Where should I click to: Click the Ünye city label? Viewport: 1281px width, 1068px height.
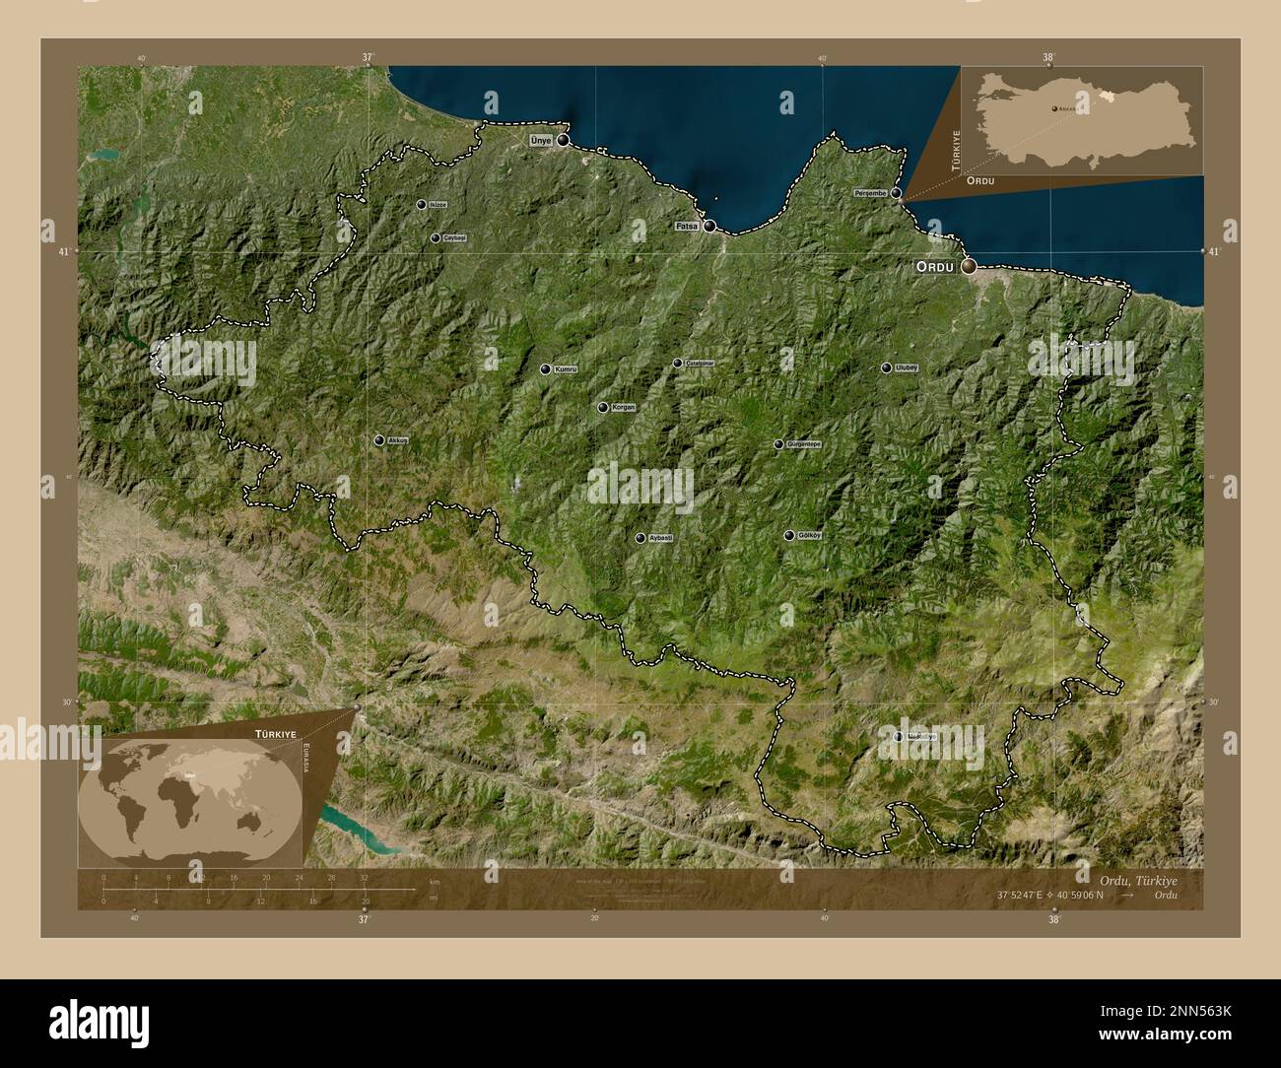542,141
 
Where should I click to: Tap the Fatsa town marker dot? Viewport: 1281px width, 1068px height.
709,226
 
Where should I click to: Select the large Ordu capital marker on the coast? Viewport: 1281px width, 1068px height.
970,265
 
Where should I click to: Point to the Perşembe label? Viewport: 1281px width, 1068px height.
871,194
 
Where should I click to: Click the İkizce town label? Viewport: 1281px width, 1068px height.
438,205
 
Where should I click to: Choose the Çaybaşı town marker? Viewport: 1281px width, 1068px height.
436,237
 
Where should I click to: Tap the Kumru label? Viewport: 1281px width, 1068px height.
565,369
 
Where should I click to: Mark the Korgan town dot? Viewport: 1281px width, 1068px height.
602,407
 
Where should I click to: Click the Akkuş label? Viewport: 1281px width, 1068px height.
398,440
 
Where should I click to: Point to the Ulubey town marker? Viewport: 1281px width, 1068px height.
887,367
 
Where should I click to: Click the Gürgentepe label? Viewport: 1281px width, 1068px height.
804,444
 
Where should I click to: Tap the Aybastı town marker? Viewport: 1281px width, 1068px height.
640,538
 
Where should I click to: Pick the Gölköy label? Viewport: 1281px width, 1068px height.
808,536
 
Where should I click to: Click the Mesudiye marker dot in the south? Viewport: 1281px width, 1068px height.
898,736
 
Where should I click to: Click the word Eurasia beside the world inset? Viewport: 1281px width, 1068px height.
306,757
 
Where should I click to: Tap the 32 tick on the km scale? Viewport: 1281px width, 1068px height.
364,878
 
